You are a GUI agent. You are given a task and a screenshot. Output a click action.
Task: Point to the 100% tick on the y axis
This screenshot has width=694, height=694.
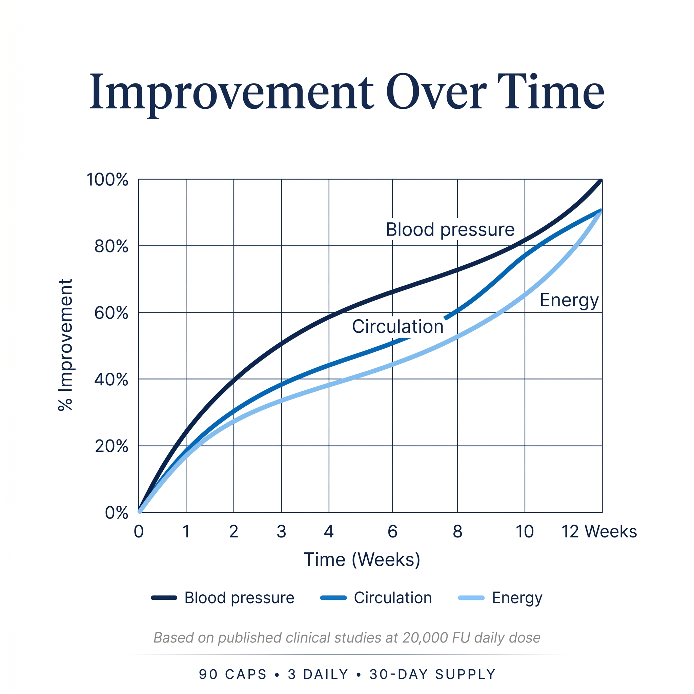coord(107,180)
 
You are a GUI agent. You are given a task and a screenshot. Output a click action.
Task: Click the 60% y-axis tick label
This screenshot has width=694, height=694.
coord(111,313)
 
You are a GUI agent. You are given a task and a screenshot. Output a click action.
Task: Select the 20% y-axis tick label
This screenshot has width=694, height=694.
coord(111,446)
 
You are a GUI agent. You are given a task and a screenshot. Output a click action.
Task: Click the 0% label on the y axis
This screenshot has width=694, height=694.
coord(116,513)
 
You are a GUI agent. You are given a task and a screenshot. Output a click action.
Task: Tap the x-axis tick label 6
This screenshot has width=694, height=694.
coord(393,532)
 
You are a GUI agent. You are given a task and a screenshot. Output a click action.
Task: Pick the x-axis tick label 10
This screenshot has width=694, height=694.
coord(525,532)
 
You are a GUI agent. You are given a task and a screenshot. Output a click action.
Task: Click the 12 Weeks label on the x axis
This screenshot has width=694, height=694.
coord(599,532)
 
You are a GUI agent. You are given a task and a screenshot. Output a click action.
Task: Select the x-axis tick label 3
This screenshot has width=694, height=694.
coord(281,532)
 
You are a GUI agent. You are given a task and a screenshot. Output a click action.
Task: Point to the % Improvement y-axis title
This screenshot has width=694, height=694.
coord(66,345)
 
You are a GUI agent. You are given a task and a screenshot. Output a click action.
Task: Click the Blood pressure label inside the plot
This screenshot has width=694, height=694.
coord(450,229)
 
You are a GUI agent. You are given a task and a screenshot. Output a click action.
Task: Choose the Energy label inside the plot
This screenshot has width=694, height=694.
coord(569,300)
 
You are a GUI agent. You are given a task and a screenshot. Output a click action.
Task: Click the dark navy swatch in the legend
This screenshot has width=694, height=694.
coord(164,598)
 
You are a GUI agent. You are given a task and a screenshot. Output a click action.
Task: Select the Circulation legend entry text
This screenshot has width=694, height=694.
coord(393,598)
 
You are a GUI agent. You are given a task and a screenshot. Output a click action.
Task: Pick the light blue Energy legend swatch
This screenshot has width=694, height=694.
coord(471,598)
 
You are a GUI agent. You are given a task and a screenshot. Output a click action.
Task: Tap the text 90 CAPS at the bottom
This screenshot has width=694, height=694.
coord(233,675)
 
